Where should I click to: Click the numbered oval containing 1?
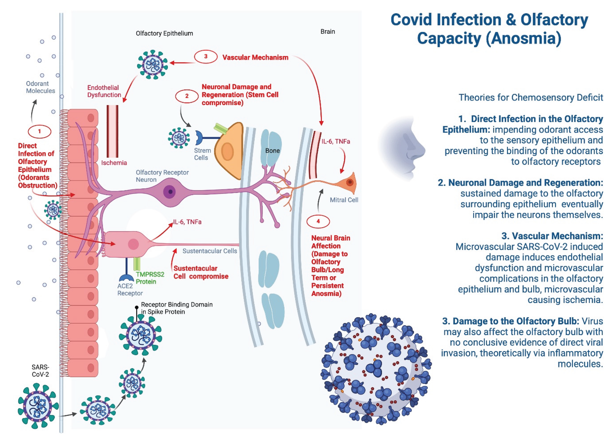pos(39,132)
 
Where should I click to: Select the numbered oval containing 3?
pos(206,57)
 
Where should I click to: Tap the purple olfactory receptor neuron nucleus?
pos(170,192)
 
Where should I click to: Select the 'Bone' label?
pos(272,151)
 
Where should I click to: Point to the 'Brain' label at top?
pos(328,32)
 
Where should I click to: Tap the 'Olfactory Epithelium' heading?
pos(164,33)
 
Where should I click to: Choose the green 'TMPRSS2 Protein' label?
pos(150,278)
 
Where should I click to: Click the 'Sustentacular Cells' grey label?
pos(210,251)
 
